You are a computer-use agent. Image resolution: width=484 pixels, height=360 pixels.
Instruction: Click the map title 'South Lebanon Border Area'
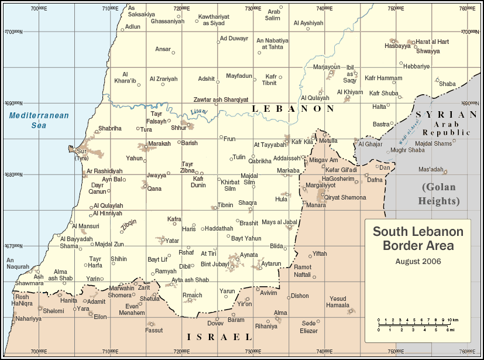(418, 238)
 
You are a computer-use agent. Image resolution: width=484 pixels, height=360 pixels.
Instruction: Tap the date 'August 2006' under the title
(418, 261)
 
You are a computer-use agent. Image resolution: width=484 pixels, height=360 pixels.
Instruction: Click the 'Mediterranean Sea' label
(39, 120)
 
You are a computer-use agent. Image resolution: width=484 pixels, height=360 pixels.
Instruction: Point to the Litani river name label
(199, 111)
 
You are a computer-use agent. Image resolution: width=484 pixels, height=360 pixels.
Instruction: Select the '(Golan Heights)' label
(438, 194)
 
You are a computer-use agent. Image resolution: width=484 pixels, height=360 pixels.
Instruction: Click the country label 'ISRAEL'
(219, 337)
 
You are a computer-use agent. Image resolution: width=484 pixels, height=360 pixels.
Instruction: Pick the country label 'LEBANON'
(292, 109)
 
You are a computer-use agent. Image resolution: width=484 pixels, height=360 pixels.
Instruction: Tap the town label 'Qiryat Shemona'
(345, 197)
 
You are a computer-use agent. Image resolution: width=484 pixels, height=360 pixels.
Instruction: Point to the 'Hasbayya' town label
(397, 46)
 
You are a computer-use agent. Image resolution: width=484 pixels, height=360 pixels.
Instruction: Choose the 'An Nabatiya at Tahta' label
(273, 44)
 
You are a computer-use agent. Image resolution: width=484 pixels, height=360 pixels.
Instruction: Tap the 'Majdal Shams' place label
(434, 143)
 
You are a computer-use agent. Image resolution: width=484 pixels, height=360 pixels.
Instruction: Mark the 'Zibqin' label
(129, 225)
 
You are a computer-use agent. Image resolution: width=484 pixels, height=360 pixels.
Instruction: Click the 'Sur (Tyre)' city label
(82, 155)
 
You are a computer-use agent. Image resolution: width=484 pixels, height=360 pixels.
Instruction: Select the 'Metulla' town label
(328, 140)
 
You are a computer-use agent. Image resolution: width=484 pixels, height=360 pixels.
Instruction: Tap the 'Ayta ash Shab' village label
(190, 280)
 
